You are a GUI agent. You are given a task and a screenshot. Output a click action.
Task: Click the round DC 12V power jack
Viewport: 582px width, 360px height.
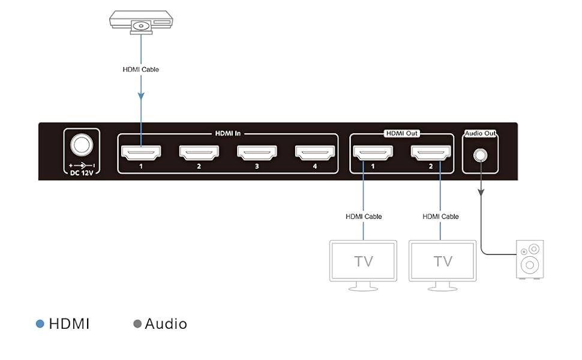82,146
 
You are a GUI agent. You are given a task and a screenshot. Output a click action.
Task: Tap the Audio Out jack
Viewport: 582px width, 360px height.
480,155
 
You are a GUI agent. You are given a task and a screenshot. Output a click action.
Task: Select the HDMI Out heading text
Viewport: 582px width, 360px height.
401,133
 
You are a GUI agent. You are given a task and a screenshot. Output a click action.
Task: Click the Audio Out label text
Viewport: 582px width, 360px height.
480,133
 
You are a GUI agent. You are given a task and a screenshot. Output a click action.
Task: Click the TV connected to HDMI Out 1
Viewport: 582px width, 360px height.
363,261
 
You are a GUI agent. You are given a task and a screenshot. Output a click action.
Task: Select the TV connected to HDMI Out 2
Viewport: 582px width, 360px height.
442,261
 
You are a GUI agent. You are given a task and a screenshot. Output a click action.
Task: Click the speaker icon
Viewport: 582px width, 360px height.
530,259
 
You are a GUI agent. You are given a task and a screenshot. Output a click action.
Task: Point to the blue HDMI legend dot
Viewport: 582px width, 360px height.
40,324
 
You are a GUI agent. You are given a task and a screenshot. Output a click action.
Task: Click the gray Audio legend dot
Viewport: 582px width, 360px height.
137,324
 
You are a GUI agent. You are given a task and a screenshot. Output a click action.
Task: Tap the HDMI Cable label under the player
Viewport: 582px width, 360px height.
140,70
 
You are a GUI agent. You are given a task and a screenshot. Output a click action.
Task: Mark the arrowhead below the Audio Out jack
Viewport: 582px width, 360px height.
480,191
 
